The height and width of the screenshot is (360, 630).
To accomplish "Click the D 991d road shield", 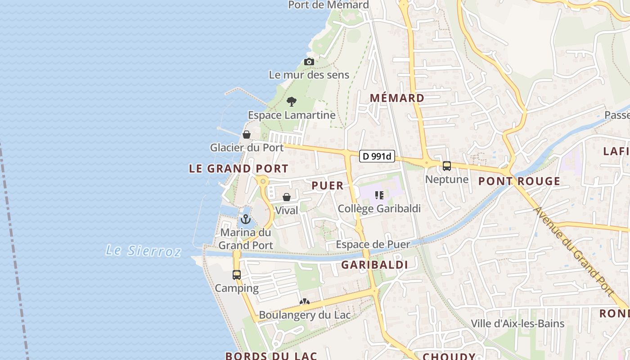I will pyautogui.click(x=378, y=157).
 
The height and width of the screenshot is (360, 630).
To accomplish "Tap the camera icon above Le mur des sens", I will pyautogui.click(x=309, y=62).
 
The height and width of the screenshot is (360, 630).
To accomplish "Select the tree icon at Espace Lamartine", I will pyautogui.click(x=292, y=102).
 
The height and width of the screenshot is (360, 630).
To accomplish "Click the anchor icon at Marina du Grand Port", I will pyautogui.click(x=245, y=219).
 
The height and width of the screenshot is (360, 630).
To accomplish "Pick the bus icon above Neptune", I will pyautogui.click(x=446, y=166).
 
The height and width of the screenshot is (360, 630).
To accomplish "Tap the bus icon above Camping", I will pyautogui.click(x=237, y=274).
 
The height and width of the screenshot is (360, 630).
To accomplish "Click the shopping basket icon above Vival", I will pyautogui.click(x=287, y=197).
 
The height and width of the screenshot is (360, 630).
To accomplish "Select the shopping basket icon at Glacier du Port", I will pyautogui.click(x=247, y=134).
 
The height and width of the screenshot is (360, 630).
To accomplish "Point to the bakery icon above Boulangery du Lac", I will pyautogui.click(x=305, y=302).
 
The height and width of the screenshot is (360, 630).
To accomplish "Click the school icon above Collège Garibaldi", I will pyautogui.click(x=379, y=195).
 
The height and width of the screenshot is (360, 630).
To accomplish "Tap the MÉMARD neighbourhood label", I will pyautogui.click(x=397, y=98).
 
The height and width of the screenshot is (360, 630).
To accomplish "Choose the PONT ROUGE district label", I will pyautogui.click(x=519, y=181).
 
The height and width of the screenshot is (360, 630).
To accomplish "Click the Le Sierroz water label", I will pyautogui.click(x=143, y=250).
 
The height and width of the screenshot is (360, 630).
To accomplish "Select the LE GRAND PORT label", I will pyautogui.click(x=238, y=169).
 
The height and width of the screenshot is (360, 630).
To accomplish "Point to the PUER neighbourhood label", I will pyautogui.click(x=328, y=185).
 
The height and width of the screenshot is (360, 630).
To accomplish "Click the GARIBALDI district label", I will pyautogui.click(x=374, y=265).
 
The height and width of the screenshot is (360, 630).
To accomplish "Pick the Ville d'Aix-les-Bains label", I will pyautogui.click(x=517, y=324).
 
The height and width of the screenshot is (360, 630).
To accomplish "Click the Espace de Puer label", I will pyautogui.click(x=373, y=245).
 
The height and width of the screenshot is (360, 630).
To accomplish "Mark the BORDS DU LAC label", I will pyautogui.click(x=271, y=356).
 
